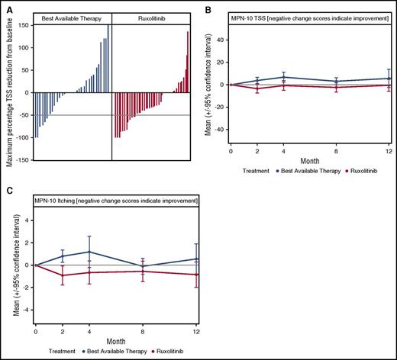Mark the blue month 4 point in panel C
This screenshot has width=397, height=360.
pos(89,252)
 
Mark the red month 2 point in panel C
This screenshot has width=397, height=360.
pos(63,275)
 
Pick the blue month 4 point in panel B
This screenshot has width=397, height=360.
pos(284,77)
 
